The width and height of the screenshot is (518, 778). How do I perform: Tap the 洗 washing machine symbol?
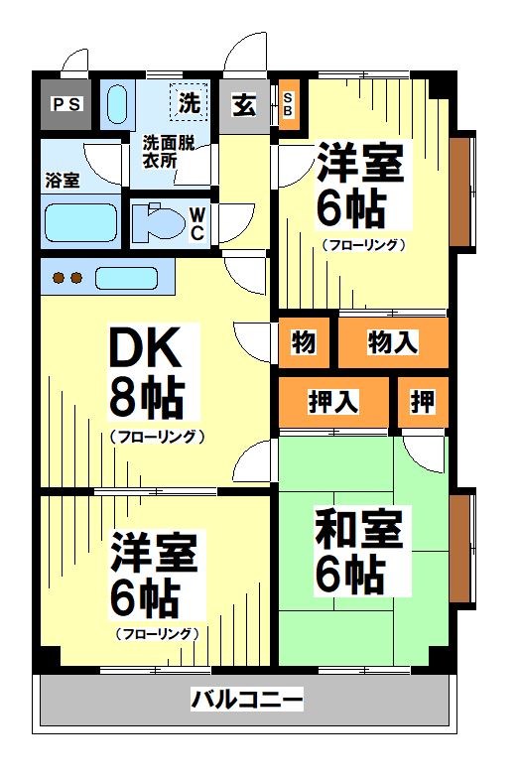click(x=190, y=101)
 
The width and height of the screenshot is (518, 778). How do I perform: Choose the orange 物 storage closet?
click(x=305, y=343)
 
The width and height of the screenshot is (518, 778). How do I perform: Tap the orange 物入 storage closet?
click(x=392, y=343)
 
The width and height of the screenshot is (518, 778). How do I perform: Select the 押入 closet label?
click(x=333, y=402)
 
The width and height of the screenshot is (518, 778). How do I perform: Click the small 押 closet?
click(x=423, y=402)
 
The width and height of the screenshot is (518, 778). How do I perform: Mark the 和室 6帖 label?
click(x=359, y=552)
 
